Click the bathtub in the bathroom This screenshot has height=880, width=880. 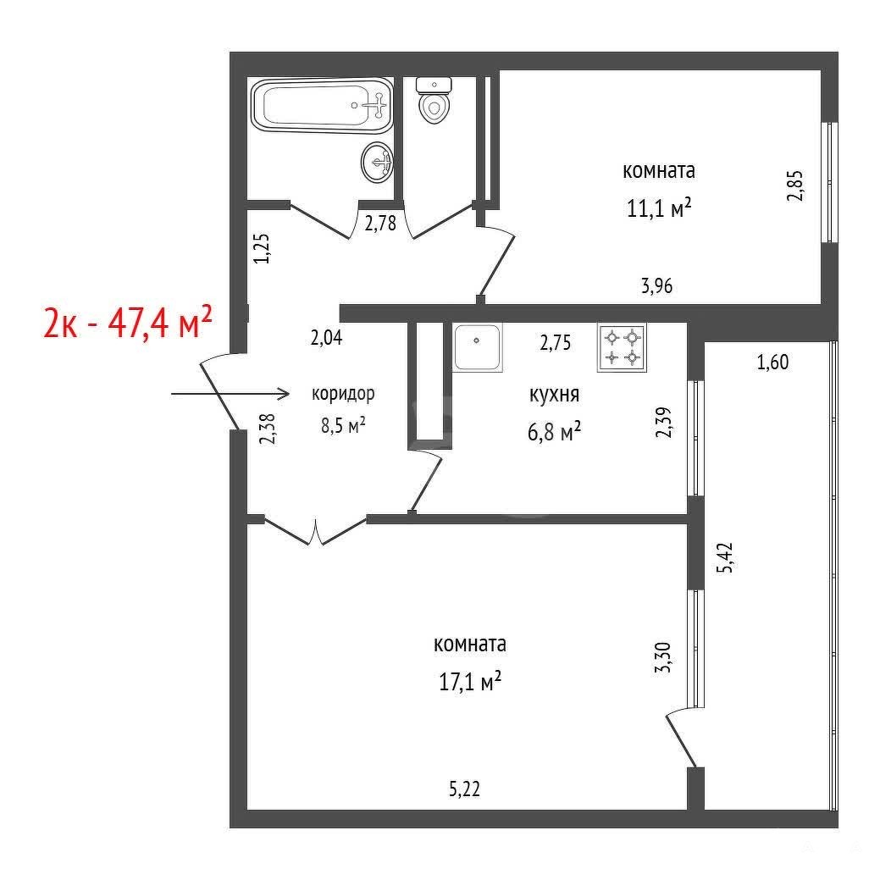(x=322, y=105)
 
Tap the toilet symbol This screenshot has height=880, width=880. (x=434, y=101)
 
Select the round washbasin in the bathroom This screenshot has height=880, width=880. (x=377, y=162)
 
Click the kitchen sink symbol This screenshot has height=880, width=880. (x=477, y=347)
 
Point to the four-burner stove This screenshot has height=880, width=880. (x=622, y=347)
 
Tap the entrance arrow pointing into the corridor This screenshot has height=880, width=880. (x=230, y=394)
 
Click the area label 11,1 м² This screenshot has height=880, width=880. (x=659, y=208)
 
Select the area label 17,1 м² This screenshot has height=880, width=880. (x=470, y=682)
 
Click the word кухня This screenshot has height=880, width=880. (x=554, y=395)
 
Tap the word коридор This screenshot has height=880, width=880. (x=343, y=394)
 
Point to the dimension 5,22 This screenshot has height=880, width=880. (x=465, y=789)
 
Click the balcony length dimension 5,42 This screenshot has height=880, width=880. (x=725, y=556)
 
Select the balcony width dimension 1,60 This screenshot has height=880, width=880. (x=772, y=362)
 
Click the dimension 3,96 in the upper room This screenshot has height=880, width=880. (x=656, y=285)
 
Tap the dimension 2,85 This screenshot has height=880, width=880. (x=795, y=185)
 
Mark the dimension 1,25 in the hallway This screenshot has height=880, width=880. (x=262, y=248)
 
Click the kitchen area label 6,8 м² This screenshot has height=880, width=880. (x=554, y=432)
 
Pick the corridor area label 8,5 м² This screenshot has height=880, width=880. (x=343, y=425)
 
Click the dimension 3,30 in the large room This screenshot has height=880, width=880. (x=663, y=657)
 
